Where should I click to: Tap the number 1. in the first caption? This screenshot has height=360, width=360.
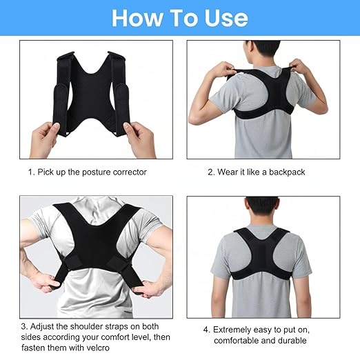click(x=31, y=172)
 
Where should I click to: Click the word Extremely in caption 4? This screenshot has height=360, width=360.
click(x=234, y=329)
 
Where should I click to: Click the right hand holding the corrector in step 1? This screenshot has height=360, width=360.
click(x=140, y=138)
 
